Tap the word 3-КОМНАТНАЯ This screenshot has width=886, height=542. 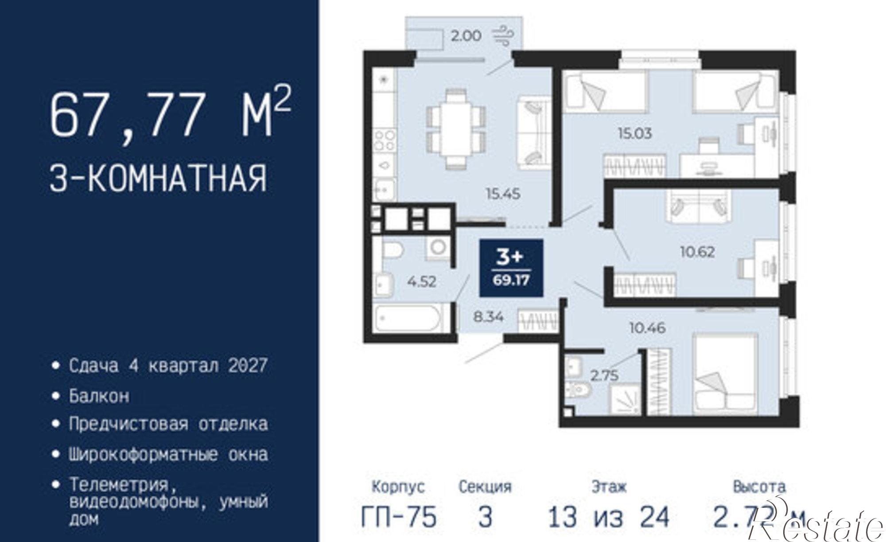pyautogui.click(x=158, y=178)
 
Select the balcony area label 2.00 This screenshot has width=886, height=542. pyautogui.click(x=466, y=36)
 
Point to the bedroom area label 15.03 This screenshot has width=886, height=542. pyautogui.click(x=635, y=133)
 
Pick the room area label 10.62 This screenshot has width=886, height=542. pyautogui.click(x=697, y=252)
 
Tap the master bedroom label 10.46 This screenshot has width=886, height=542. pyautogui.click(x=647, y=328)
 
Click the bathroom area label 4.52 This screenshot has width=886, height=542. pyautogui.click(x=421, y=281)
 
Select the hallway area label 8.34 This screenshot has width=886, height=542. pyautogui.click(x=488, y=317)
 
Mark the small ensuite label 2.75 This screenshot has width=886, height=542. pyautogui.click(x=604, y=375)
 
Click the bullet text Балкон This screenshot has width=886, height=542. pyautogui.click(x=99, y=395)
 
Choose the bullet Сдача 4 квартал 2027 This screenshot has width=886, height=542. pyautogui.click(x=168, y=366)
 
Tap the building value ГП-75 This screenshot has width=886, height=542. pyautogui.click(x=399, y=517)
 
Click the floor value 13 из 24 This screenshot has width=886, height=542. pyautogui.click(x=608, y=517)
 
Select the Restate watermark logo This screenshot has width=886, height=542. pyautogui.click(x=820, y=525)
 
